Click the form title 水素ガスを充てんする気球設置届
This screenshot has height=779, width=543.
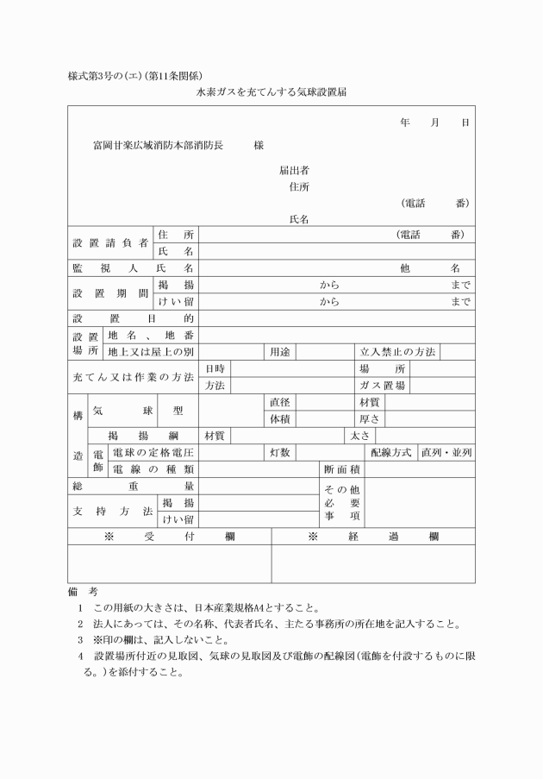[x=271, y=90]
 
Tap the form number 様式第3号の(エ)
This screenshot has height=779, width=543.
[x=103, y=75]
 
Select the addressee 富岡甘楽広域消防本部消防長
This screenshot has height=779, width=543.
[x=158, y=146]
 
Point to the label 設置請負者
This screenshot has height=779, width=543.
[x=110, y=242]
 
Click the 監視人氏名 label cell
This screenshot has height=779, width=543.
[x=133, y=268]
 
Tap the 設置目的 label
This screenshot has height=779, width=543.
[x=133, y=318]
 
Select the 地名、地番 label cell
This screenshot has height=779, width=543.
[x=150, y=335]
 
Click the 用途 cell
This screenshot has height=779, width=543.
[x=279, y=351]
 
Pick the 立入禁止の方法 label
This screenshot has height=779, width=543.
[x=397, y=351]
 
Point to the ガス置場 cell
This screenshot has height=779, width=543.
[x=382, y=386]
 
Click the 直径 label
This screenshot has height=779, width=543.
[x=279, y=402]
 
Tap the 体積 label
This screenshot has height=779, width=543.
[x=279, y=418]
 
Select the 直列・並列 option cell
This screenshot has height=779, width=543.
[x=446, y=452]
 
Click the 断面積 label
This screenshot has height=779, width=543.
[x=341, y=469]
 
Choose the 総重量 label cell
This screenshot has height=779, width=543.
[x=133, y=487]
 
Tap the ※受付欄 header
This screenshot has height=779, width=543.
[x=169, y=537]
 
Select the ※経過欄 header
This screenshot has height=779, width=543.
[x=373, y=537]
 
